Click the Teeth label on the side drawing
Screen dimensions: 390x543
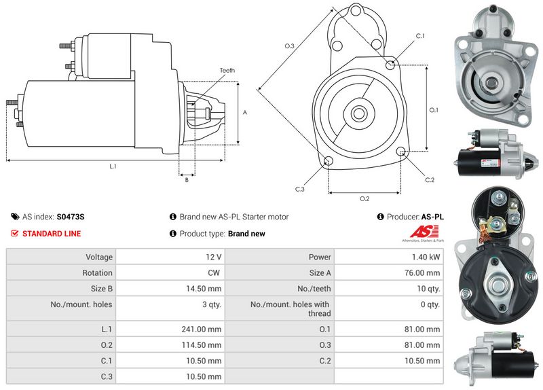click(227, 70)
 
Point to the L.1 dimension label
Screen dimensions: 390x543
click(113, 166)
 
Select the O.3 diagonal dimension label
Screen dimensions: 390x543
click(289, 46)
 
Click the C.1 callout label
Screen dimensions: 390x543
click(419, 36)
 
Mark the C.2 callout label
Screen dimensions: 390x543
click(429, 180)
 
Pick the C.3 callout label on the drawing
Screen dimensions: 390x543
click(299, 189)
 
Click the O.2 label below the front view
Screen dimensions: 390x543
click(364, 198)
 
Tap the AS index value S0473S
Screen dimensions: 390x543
click(71, 217)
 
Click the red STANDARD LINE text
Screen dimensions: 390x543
click(52, 234)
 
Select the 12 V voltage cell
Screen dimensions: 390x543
click(214, 258)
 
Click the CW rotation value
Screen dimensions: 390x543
click(215, 273)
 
